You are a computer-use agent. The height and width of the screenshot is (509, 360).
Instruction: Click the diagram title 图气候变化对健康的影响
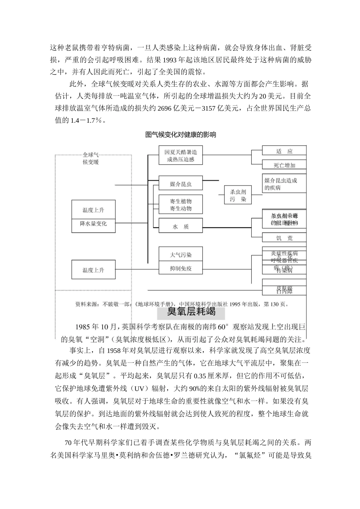pos(180,134)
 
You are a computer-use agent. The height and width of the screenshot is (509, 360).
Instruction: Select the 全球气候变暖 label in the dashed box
pos(91,158)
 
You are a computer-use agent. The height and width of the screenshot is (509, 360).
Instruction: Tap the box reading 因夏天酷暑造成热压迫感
pos(180,155)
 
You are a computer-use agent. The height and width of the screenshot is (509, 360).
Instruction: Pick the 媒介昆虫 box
pos(180,184)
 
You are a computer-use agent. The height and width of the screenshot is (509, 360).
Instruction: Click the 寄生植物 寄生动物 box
pos(180,205)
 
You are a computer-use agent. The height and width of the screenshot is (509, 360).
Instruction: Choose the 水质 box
pos(180,226)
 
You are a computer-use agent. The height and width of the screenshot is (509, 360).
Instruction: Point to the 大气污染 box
pos(180,254)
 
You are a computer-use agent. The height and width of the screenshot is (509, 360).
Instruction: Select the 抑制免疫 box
pos(180,269)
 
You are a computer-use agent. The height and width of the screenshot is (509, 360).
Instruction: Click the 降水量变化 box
pos(93,224)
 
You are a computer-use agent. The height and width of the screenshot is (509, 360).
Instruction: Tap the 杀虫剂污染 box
pos(238,195)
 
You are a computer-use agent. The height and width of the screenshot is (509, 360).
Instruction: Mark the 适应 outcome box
pos(284,151)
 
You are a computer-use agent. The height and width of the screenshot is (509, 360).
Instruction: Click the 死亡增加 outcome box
pos(284,165)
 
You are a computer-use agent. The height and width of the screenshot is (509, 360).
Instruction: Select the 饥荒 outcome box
pos(284,238)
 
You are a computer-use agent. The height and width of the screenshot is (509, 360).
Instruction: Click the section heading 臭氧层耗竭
pos(191,312)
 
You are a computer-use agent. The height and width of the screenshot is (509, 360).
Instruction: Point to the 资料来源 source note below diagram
pos(182,304)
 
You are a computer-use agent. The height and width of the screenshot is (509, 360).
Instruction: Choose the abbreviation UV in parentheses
pos(134,389)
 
